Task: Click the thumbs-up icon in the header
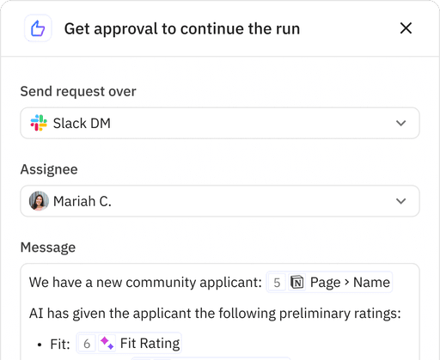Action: pos(37,28)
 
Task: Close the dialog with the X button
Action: pos(406,28)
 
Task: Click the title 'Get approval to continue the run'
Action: pos(182,29)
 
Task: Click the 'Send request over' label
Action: pos(78,92)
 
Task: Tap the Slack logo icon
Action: pos(39,123)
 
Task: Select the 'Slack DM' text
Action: pos(82,123)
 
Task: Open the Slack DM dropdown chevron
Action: pos(400,123)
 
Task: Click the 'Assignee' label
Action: pos(49,170)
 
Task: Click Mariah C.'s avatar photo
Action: pos(39,201)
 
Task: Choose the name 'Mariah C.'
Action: pos(82,201)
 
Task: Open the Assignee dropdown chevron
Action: pos(400,201)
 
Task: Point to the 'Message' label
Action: pos(48,247)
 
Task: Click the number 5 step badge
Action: pos(277,282)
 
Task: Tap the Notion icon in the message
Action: pos(297,282)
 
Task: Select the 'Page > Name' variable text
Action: pos(350,282)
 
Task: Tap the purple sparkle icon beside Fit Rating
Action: pos(107,344)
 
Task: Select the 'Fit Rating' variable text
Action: pos(150,344)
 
